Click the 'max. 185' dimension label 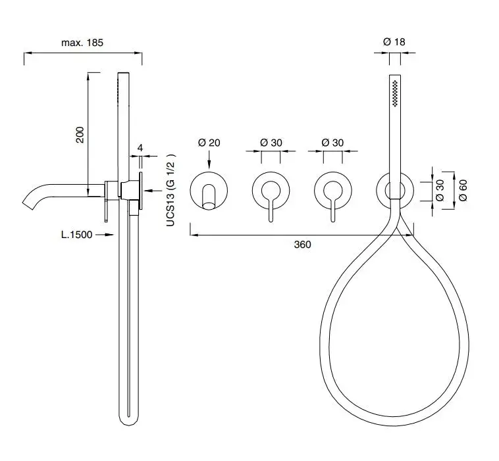[x=82, y=43]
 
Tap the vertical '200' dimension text [x=80, y=135]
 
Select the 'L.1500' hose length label [x=77, y=235]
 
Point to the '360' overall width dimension [x=302, y=245]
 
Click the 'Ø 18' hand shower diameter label [x=394, y=41]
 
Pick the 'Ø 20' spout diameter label [x=209, y=143]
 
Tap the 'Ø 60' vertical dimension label [x=463, y=190]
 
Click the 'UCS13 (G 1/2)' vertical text [x=171, y=190]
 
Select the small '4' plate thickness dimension [x=140, y=147]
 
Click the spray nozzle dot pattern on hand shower [x=395, y=93]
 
